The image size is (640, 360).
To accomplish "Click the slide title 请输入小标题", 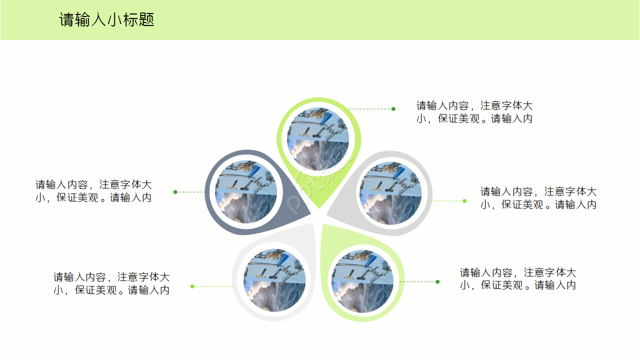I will tap(106, 20).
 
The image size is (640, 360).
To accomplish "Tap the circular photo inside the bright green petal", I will tap(318, 138).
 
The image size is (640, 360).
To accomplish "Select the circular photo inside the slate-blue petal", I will tap(246, 192).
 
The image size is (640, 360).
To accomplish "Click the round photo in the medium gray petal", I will tap(390, 193).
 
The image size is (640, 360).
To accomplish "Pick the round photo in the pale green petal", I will tap(362, 281).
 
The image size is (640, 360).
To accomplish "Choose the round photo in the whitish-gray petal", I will tap(274, 280).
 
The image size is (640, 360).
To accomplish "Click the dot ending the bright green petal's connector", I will tap(393, 109).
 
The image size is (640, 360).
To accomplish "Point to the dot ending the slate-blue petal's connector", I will tap(175, 192).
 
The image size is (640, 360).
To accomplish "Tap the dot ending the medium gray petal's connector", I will tap(464, 201).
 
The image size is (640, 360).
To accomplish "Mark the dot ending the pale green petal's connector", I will tap(437, 281).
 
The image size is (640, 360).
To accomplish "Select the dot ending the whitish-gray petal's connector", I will tap(192, 286).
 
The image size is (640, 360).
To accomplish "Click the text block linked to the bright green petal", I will tap(474, 112).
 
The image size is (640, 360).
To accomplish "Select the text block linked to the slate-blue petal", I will tap(93, 191).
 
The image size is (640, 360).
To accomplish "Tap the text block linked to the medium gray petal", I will tap(538, 198).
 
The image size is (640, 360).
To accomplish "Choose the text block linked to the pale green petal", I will tap(517, 278).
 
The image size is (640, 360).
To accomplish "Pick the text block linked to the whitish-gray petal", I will tap(111, 283).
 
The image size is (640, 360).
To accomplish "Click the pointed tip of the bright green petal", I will tap(317, 208).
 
